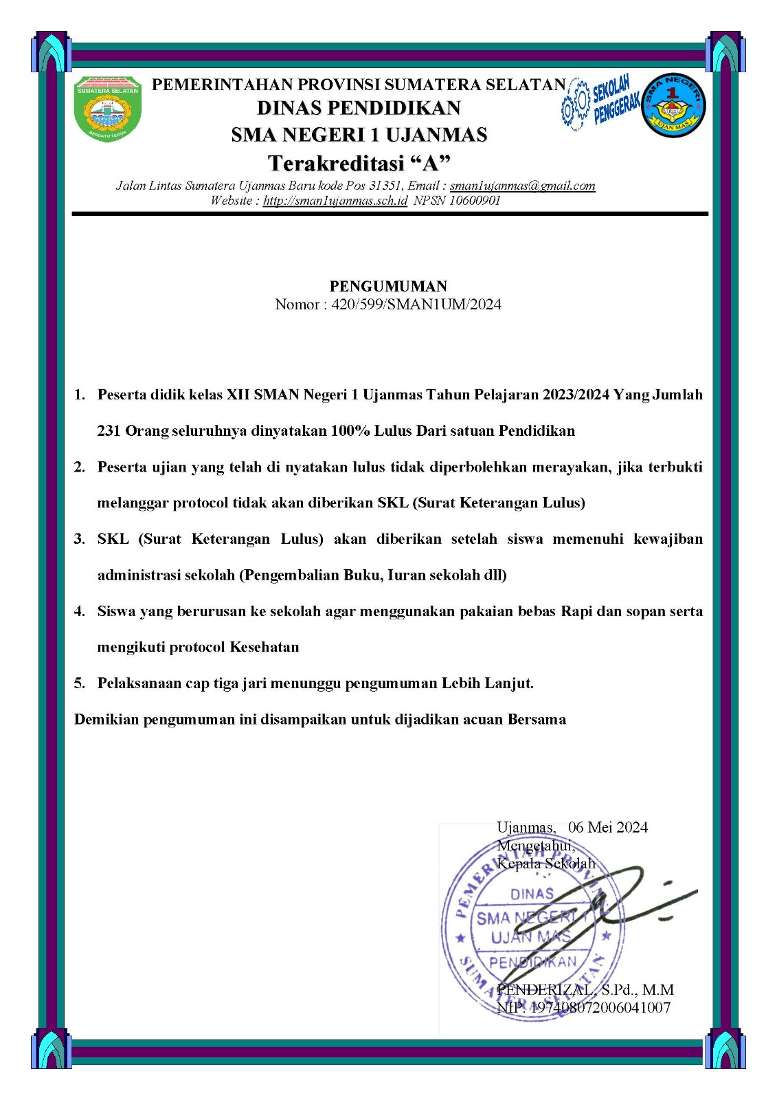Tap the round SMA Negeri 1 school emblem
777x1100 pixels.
point(673,105)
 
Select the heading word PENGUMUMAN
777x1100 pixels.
point(388,286)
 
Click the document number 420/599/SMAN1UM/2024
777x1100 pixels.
point(416,305)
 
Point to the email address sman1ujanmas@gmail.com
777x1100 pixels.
point(522,186)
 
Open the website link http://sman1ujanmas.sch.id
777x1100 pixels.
point(335,201)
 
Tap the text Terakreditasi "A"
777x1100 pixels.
point(359,164)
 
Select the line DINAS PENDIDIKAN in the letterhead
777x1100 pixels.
point(359,108)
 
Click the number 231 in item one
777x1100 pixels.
point(109,431)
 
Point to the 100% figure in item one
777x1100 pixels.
point(350,431)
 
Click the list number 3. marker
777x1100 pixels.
point(80,539)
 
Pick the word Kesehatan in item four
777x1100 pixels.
point(264,647)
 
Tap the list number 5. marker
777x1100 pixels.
point(80,683)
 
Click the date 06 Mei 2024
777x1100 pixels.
point(608,827)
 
